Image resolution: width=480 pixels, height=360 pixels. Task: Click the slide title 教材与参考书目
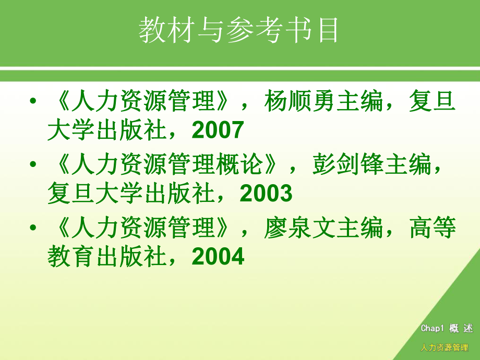239,30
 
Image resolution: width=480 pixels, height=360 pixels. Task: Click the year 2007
218,130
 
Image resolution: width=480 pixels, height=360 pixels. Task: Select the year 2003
266,194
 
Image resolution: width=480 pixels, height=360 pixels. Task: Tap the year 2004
218,257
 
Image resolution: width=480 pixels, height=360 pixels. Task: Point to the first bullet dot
33,101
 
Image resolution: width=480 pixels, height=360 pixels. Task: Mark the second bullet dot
33,165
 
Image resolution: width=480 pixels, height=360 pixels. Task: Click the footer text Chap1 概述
447,328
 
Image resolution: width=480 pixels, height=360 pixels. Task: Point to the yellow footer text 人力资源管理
444,347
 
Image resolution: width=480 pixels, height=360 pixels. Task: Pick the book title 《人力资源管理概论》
167,165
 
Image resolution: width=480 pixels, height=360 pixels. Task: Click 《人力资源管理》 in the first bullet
143,101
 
